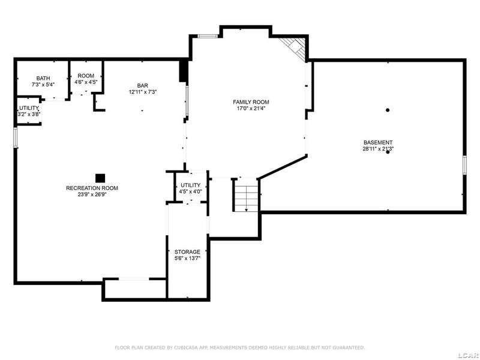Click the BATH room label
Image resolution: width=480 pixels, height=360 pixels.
click(x=43, y=79)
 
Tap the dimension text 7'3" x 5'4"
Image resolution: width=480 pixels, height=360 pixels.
click(x=43, y=85)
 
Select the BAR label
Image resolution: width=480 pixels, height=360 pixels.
click(x=143, y=86)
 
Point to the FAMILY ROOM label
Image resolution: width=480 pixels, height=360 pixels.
click(x=251, y=102)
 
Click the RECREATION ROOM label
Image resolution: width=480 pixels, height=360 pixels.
click(x=92, y=188)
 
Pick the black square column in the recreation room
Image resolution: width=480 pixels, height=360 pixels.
click(x=100, y=178)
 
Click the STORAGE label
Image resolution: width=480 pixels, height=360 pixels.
click(x=187, y=252)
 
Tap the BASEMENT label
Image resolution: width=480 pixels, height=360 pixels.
click(x=378, y=143)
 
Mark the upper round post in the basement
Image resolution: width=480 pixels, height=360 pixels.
click(x=388, y=110)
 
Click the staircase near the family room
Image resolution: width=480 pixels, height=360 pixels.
click(x=246, y=195)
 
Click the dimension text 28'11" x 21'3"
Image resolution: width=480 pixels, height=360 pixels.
click(x=378, y=149)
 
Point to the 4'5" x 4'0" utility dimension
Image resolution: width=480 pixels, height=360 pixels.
click(x=190, y=191)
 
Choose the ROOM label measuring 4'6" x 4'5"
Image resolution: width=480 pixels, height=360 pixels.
click(x=86, y=76)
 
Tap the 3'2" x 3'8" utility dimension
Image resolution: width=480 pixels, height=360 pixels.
click(x=29, y=114)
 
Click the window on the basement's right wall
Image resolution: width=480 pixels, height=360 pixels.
click(x=464, y=165)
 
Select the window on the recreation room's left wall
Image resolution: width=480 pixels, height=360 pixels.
click(x=15, y=137)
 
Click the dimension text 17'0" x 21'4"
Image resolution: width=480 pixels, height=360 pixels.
click(x=251, y=108)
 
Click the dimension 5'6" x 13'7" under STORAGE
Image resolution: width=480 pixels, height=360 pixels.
click(x=187, y=259)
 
